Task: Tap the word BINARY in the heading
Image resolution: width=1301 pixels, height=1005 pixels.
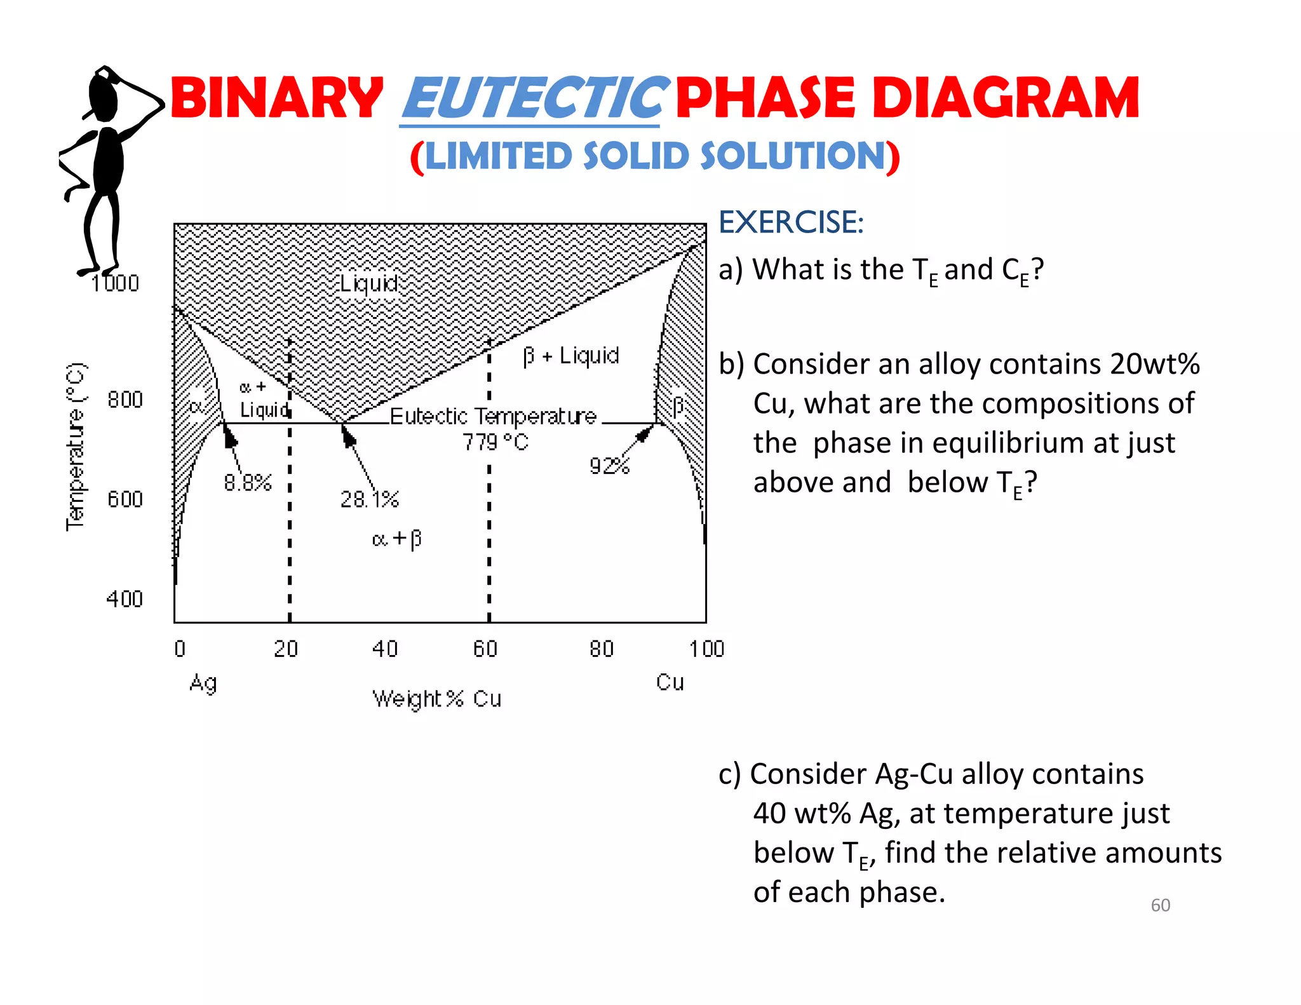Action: pyautogui.click(x=276, y=98)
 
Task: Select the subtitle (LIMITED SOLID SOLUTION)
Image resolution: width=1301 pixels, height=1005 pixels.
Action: pyautogui.click(x=655, y=156)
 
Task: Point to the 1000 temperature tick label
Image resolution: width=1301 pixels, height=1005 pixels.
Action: pyautogui.click(x=115, y=283)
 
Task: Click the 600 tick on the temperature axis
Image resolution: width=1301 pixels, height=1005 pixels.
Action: pyautogui.click(x=125, y=499)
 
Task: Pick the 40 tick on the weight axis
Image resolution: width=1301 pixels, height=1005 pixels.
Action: pyautogui.click(x=385, y=649)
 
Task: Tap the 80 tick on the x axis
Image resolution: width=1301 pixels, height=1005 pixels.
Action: pyautogui.click(x=602, y=649)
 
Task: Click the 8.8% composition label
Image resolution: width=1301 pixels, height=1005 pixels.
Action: pyautogui.click(x=248, y=483)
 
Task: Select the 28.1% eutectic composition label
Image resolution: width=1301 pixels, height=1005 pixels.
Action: pyautogui.click(x=370, y=499)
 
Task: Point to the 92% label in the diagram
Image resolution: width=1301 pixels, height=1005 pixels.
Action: pyautogui.click(x=609, y=466)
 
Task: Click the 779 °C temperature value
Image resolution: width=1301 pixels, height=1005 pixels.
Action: pyautogui.click(x=495, y=442)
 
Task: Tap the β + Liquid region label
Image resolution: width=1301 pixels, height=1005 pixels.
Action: pyautogui.click(x=570, y=356)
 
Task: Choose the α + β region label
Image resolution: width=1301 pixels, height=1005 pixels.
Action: pyautogui.click(x=397, y=539)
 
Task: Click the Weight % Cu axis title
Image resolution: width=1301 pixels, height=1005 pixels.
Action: pyautogui.click(x=437, y=699)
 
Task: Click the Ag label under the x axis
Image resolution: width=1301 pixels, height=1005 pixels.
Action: pyautogui.click(x=203, y=684)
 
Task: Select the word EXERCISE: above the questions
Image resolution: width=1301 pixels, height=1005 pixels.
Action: pyautogui.click(x=791, y=222)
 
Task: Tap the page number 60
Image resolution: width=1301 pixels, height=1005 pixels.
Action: pyautogui.click(x=1160, y=905)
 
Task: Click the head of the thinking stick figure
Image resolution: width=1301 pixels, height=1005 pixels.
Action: pyautogui.click(x=104, y=95)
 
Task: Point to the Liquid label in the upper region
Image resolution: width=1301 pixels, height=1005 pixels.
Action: pyautogui.click(x=369, y=283)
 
